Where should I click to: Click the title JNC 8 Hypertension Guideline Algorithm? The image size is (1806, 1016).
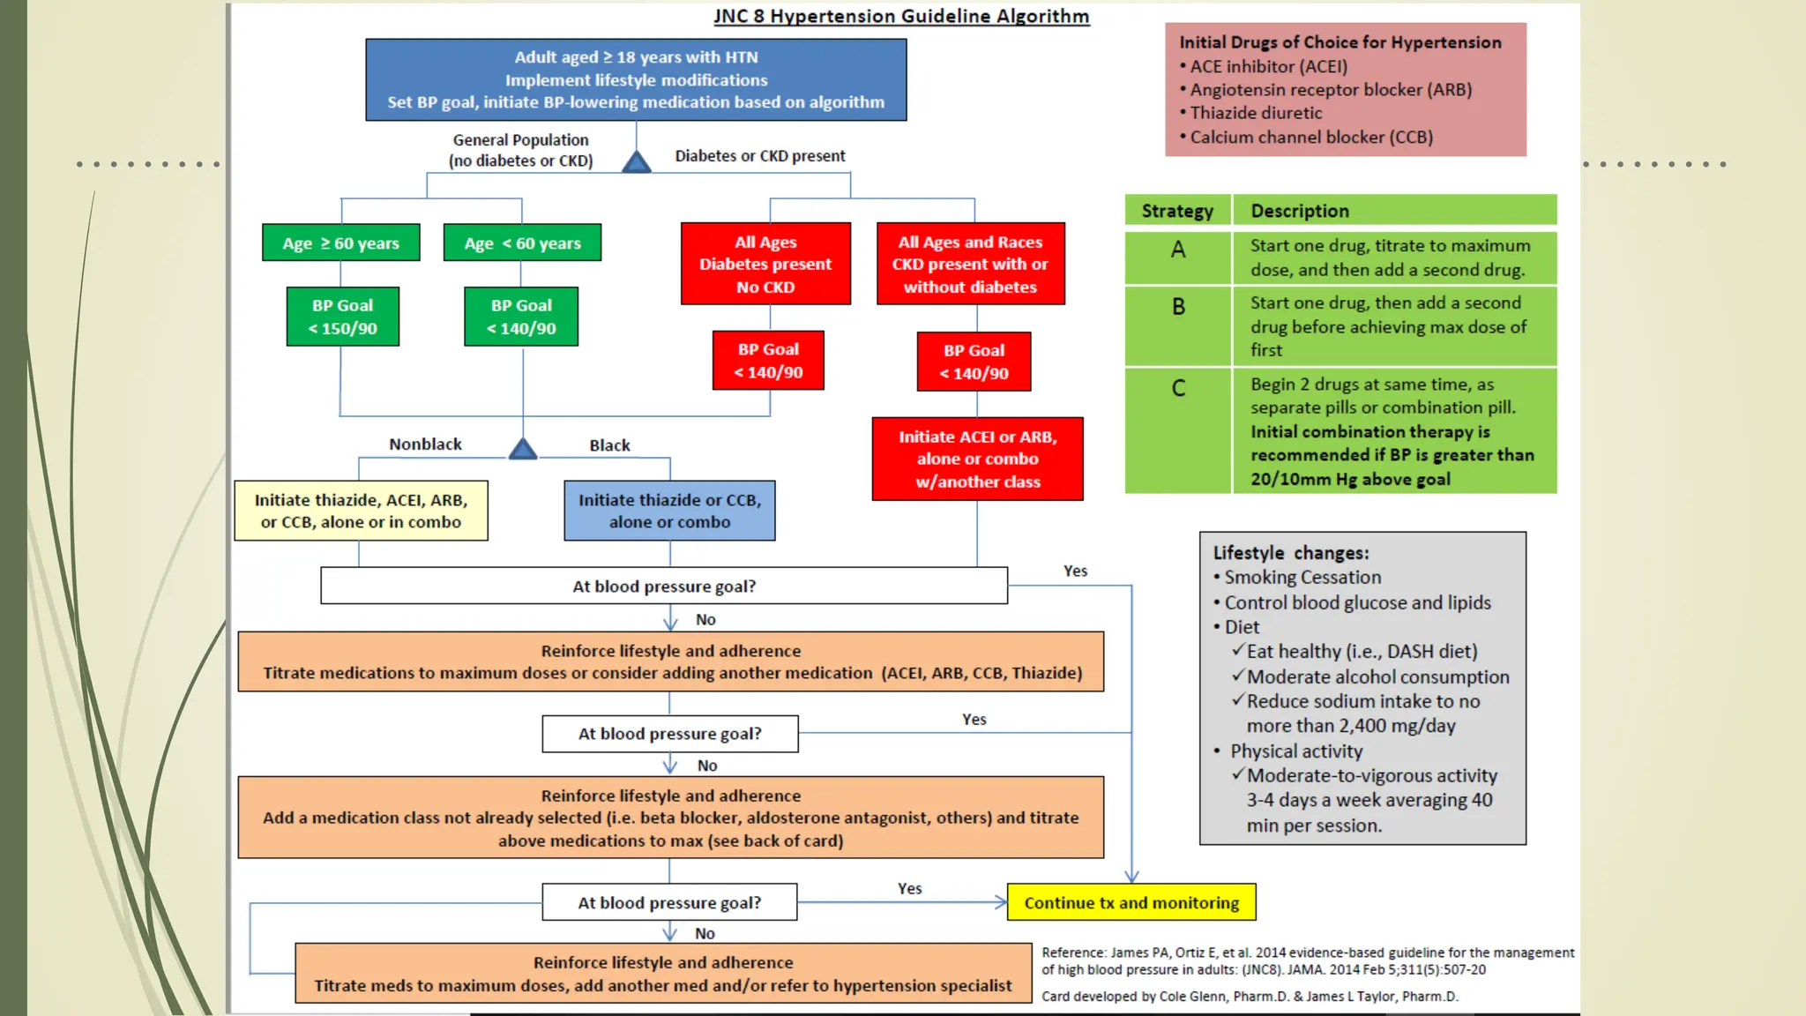(901, 16)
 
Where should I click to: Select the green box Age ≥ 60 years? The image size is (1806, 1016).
(341, 243)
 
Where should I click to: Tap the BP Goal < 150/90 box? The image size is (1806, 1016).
(342, 317)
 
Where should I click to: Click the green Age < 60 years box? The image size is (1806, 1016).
(522, 243)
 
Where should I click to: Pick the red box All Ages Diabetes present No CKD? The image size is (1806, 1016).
(765, 264)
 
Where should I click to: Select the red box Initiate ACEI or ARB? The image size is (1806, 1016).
(977, 459)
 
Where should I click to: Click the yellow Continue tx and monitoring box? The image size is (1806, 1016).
(1131, 902)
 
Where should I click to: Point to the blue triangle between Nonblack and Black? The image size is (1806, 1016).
(523, 450)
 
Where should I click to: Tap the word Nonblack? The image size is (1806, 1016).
(425, 444)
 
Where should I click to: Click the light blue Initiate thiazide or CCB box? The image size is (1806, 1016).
(669, 511)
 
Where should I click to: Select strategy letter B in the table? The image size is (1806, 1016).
(1178, 307)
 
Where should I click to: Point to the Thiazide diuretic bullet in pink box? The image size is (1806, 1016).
(1256, 113)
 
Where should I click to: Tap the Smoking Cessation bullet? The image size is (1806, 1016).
(1302, 578)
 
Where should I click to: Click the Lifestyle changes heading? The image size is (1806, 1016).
(1290, 553)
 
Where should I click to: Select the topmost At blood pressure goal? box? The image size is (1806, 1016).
(664, 586)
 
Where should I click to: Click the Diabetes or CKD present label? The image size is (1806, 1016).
(759, 156)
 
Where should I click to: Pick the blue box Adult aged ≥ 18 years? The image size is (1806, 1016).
(636, 79)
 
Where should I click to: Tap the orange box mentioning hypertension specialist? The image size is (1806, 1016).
(663, 974)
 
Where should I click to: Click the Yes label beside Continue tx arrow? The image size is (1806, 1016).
(909, 888)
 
